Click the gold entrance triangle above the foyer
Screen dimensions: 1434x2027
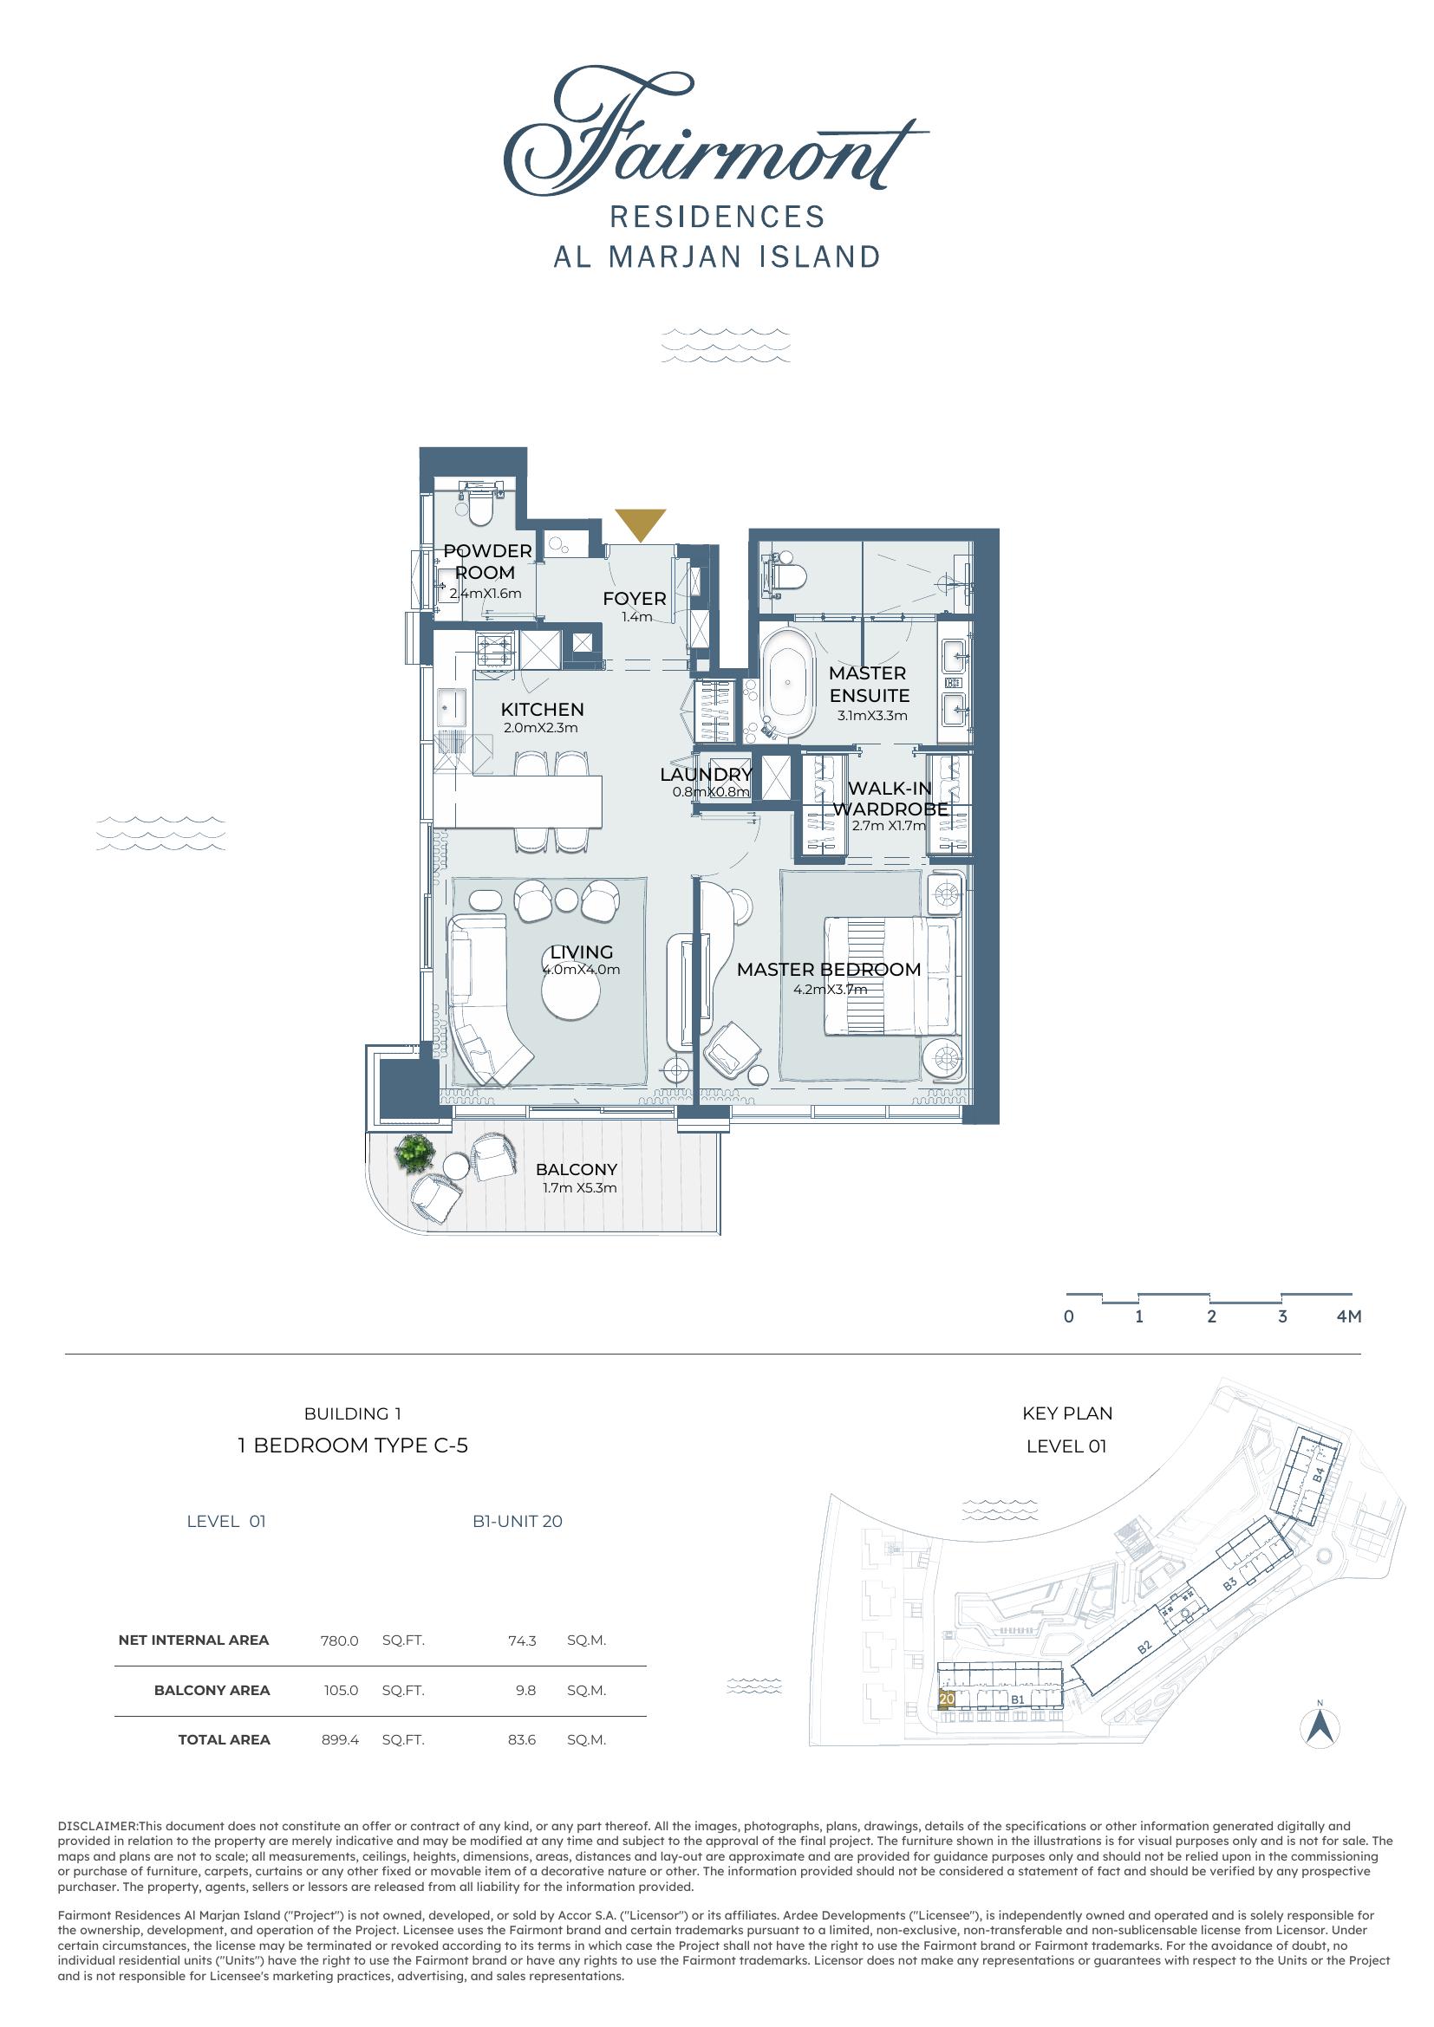pos(640,524)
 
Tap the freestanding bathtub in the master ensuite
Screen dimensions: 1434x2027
pos(785,682)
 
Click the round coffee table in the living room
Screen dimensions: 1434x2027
pos(570,994)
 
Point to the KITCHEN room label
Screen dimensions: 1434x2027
pos(542,710)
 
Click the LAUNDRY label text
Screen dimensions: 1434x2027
pos(706,774)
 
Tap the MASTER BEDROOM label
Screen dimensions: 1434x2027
pos(828,970)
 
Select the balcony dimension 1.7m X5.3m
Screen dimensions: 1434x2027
pos(579,1188)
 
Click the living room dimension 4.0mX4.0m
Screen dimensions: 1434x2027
pos(581,970)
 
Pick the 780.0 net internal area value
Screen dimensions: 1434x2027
pos(340,1641)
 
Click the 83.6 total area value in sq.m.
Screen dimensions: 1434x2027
pos(522,1740)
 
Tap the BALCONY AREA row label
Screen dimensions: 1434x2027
pos(212,1691)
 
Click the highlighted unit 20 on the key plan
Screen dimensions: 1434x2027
pos(947,1699)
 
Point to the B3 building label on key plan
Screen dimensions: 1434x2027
pos(1230,1586)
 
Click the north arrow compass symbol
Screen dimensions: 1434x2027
pos(1320,1727)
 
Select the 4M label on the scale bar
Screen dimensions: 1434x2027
pos(1349,1316)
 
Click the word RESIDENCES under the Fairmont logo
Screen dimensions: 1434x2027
pos(717,218)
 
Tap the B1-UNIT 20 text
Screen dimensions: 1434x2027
pos(518,1521)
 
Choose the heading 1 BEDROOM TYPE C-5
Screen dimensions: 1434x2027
pos(353,1446)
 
